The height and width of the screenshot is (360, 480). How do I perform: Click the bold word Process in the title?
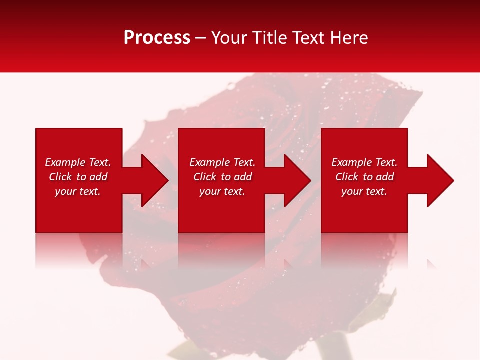click(157, 38)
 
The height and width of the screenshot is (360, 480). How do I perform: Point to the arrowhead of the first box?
click(155, 181)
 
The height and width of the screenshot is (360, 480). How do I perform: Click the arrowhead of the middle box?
click(297, 181)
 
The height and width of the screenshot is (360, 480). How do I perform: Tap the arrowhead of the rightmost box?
click(440, 181)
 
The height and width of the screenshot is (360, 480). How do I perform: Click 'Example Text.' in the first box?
click(78, 162)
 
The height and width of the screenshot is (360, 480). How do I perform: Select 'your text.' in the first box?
click(78, 191)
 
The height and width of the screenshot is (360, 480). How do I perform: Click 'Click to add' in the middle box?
click(222, 177)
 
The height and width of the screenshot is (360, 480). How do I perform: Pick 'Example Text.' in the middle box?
click(222, 162)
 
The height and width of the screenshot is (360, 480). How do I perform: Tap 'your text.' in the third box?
click(364, 191)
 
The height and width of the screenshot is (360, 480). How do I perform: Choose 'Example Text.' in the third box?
click(364, 162)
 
